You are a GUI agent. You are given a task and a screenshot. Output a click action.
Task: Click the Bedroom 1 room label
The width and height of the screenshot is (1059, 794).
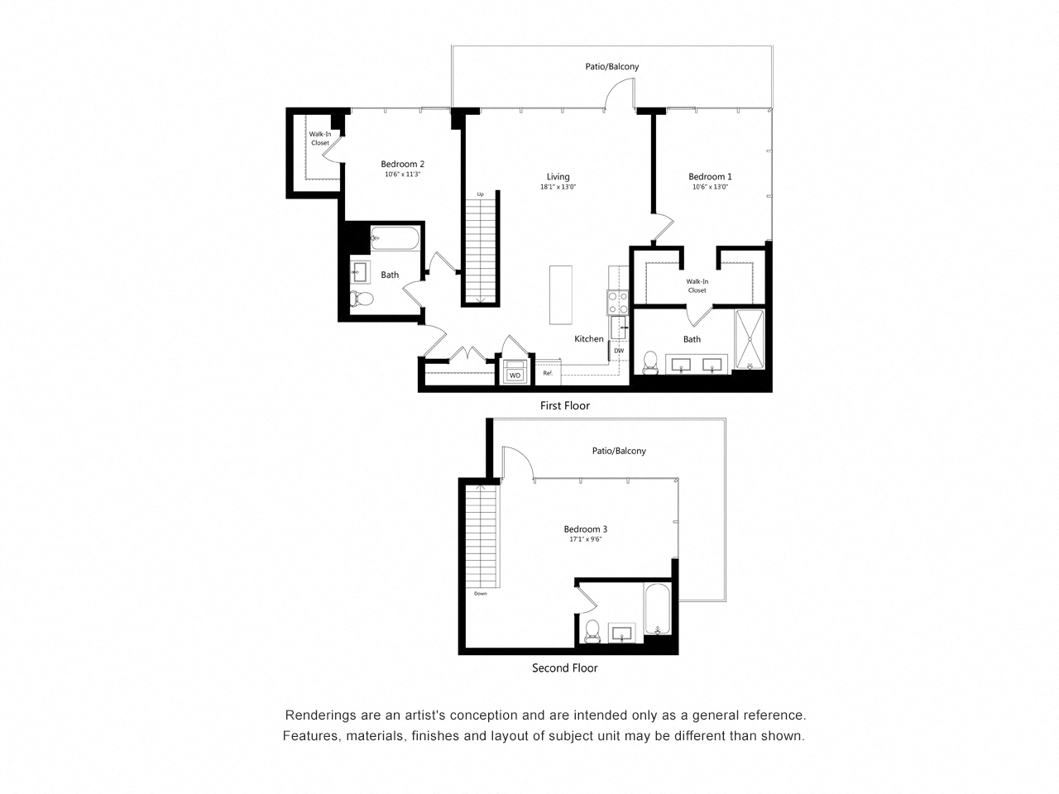point(710,176)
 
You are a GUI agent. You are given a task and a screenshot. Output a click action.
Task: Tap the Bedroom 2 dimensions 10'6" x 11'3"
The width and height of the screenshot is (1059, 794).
point(403,175)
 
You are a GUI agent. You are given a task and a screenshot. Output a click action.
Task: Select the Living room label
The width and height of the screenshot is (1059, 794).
point(558,176)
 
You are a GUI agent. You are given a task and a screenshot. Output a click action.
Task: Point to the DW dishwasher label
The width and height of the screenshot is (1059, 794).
point(618,351)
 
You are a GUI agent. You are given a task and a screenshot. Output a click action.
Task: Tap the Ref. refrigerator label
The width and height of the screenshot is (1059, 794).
point(548,373)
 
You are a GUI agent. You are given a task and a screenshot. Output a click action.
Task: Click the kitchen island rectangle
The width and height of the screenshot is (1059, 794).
point(561,296)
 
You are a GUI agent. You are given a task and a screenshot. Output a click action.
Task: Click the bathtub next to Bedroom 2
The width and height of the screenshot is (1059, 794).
point(395,238)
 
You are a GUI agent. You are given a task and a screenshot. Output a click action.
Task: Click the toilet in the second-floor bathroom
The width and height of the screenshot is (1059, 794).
point(592,631)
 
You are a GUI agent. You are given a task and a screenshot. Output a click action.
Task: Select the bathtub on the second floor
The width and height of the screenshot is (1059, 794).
point(657,613)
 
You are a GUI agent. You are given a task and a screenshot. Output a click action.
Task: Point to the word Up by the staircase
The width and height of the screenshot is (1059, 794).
point(480,194)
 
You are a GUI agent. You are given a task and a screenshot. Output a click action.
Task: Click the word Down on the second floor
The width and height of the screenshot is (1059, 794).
point(481,594)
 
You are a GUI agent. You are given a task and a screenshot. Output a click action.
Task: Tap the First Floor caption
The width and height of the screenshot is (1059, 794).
point(564,405)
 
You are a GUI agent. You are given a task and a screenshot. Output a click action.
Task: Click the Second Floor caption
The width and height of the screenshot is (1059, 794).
point(564,667)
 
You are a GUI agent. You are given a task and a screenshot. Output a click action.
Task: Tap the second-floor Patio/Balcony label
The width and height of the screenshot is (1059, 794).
point(618,451)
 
